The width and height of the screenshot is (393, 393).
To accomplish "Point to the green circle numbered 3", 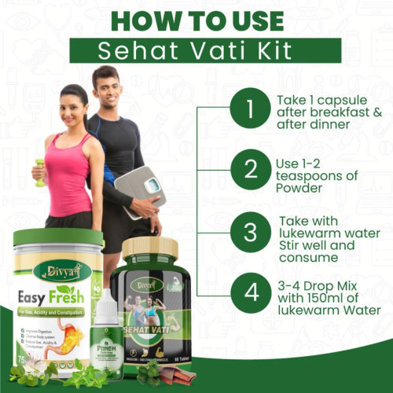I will [250, 233].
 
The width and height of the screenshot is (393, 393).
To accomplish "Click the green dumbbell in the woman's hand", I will [39, 172].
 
